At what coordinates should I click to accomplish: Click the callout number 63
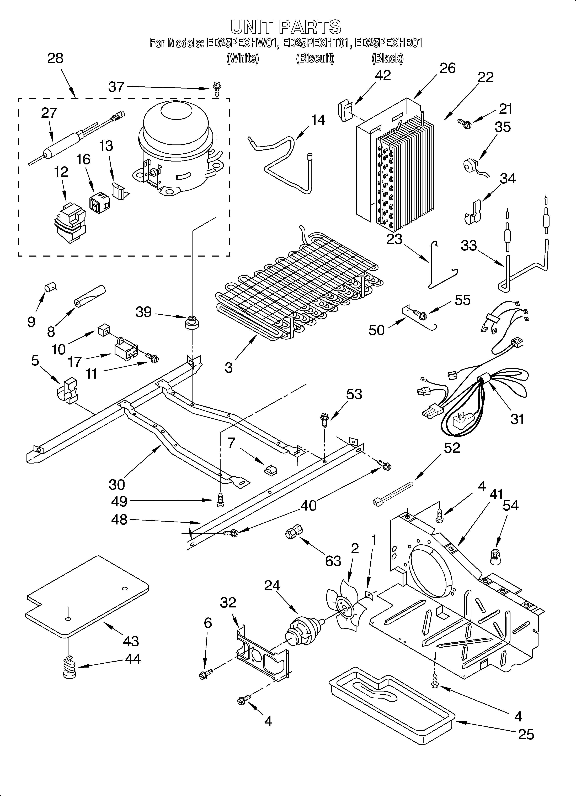point(333,561)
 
